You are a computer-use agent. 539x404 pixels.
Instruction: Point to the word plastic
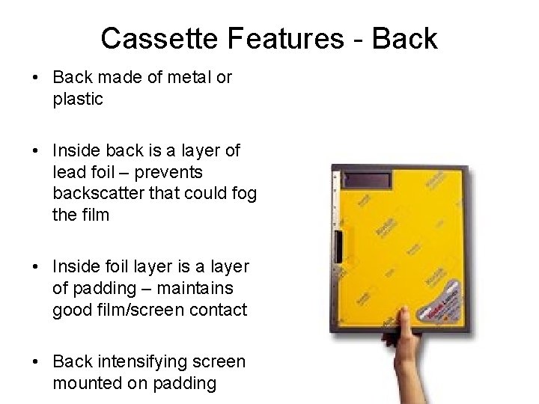click(78, 99)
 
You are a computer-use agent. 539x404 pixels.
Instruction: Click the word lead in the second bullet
click(68, 172)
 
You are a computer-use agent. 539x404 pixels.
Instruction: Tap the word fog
click(244, 194)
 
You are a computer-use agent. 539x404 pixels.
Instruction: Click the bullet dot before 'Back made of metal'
click(35, 78)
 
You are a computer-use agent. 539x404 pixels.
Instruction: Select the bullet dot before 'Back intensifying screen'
click(35, 362)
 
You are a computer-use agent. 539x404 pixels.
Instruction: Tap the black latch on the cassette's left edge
click(339, 247)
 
